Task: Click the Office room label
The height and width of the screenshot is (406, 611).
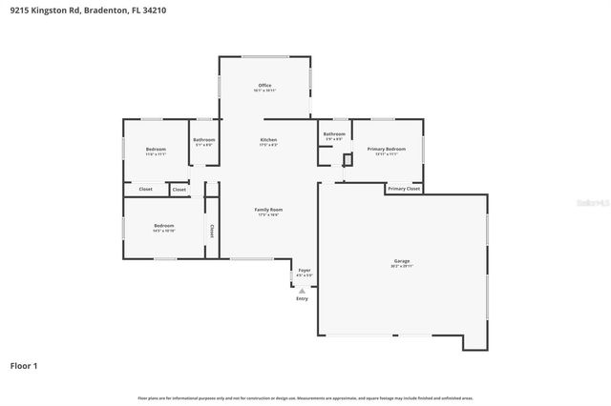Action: point(264,85)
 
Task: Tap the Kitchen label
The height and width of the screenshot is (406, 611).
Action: point(268,140)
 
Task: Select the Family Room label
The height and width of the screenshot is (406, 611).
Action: point(268,209)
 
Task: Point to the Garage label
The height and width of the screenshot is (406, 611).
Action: point(402,260)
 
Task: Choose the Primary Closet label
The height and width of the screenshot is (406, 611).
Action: point(404,189)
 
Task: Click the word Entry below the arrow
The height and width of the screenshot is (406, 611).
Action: point(302,298)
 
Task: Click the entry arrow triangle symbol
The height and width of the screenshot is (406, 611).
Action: point(302,291)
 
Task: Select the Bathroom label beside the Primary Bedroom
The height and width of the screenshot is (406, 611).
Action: point(333,134)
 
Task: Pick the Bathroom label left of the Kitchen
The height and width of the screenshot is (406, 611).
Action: point(204,140)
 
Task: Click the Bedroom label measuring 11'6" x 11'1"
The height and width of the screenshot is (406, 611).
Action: point(156,149)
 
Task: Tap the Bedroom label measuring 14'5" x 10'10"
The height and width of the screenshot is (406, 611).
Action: point(163,226)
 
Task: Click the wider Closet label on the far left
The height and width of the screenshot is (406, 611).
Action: point(145,189)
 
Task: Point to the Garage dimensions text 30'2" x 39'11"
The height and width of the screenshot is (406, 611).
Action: point(402,266)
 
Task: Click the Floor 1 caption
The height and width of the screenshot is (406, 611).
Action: point(24,365)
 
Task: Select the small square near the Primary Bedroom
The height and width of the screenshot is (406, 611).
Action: point(348,159)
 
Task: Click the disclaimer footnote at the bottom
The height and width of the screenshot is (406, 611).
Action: point(305,396)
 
